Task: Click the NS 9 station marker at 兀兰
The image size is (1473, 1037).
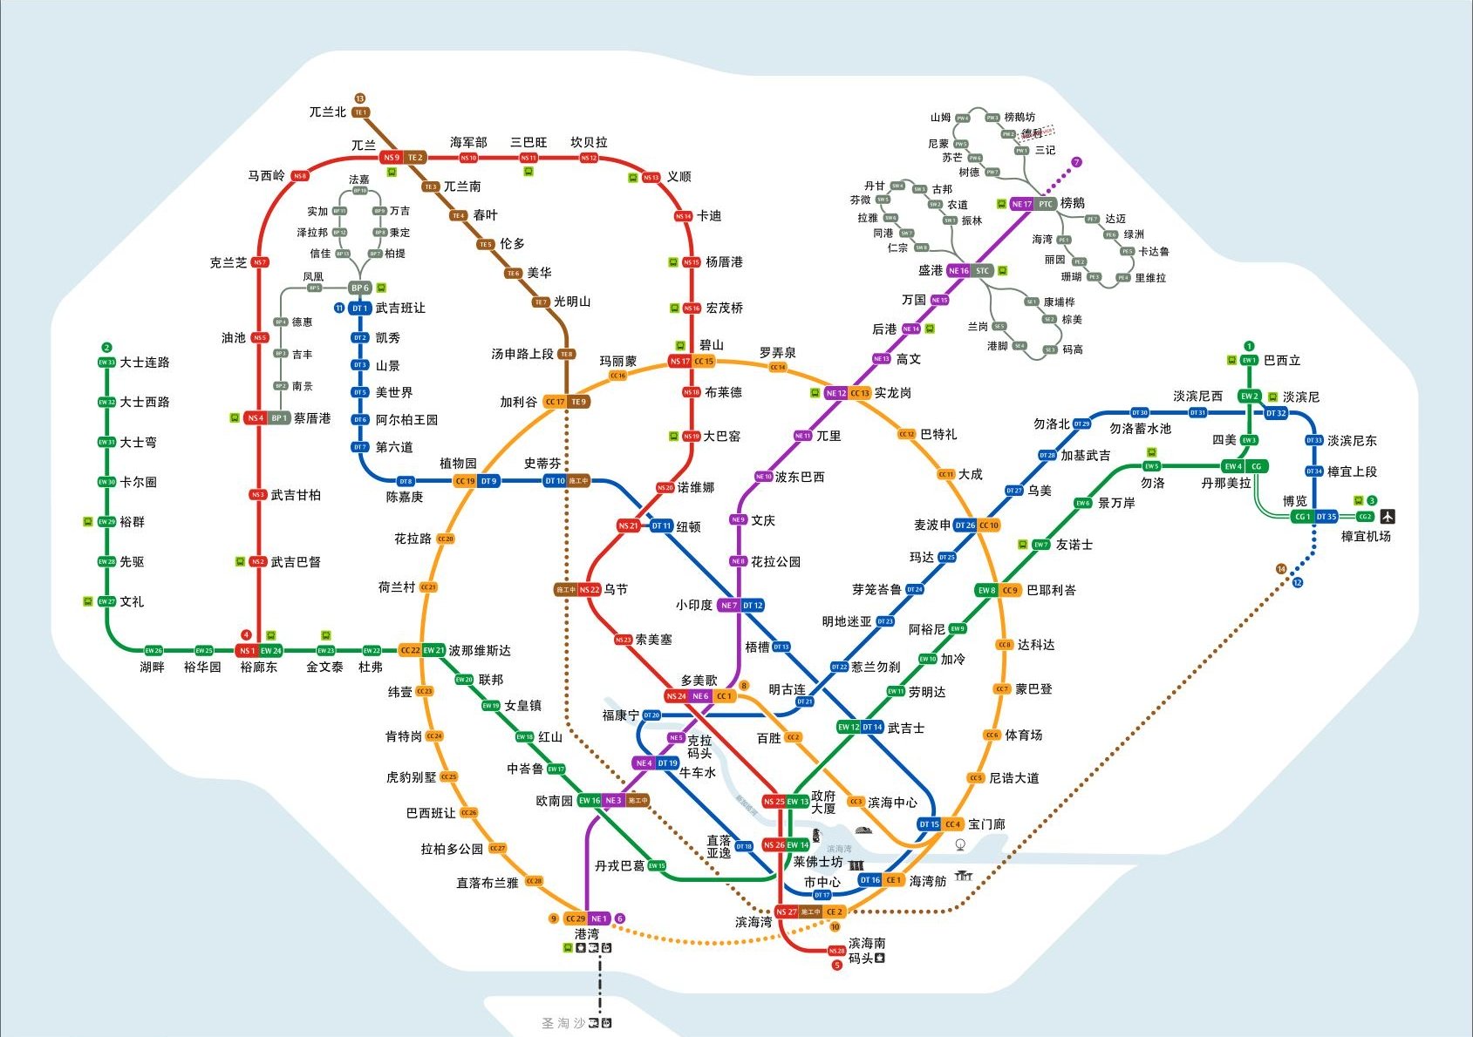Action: pyautogui.click(x=391, y=158)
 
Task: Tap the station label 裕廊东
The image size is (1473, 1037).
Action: pyautogui.click(x=258, y=667)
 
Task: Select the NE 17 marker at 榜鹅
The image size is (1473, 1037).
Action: pyautogui.click(x=1021, y=204)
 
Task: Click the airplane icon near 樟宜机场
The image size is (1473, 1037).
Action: pyautogui.click(x=1388, y=516)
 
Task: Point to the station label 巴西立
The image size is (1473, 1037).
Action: pyautogui.click(x=1281, y=360)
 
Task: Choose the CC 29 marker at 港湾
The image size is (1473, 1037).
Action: pyautogui.click(x=575, y=918)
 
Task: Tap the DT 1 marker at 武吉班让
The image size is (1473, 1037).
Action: pyautogui.click(x=360, y=308)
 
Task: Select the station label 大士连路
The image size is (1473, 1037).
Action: pyautogui.click(x=145, y=362)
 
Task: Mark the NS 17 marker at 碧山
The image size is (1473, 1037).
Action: pyautogui.click(x=679, y=361)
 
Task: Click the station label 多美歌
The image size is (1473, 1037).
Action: pyautogui.click(x=699, y=680)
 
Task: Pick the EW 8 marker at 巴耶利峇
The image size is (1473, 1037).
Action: pyautogui.click(x=986, y=590)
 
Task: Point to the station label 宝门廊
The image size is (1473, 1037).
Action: pyautogui.click(x=986, y=823)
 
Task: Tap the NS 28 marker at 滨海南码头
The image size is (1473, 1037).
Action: pyautogui.click(x=836, y=951)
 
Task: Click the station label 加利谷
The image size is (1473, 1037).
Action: pyautogui.click(x=518, y=402)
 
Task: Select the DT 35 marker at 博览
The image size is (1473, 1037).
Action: pyautogui.click(x=1326, y=517)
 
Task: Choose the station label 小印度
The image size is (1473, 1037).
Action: pyautogui.click(x=693, y=605)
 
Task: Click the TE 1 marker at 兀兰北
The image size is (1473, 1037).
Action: pyautogui.click(x=360, y=112)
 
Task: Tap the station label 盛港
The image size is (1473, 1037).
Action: pyautogui.click(x=930, y=270)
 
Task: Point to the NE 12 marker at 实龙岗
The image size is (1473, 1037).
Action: pyautogui.click(x=835, y=393)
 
